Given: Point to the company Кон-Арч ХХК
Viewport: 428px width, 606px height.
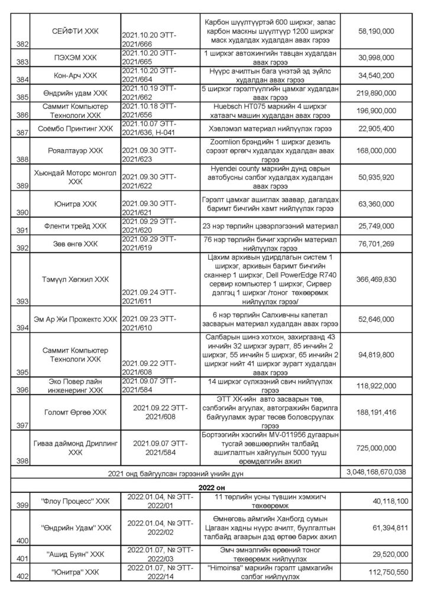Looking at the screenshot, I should [x=74, y=76].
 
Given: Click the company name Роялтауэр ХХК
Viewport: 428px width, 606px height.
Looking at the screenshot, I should [x=74, y=150].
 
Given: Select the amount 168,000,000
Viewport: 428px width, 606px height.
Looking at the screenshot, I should [x=377, y=150].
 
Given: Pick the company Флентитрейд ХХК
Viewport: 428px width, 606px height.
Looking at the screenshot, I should [x=74, y=225].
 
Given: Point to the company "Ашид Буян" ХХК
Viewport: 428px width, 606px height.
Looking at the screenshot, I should [x=74, y=555].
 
